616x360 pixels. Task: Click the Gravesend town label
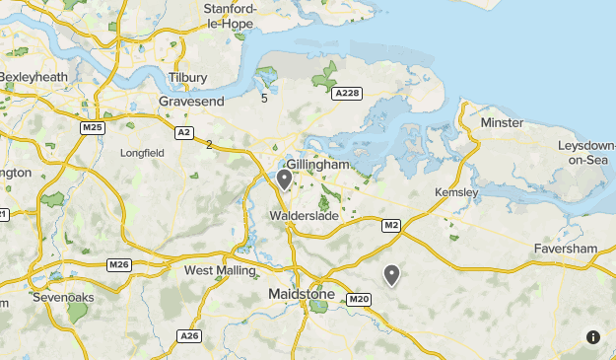[191, 101]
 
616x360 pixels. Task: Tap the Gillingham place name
[317, 165]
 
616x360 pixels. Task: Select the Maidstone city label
[302, 294]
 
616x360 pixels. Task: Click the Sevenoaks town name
[64, 296]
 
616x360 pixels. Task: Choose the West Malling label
[220, 270]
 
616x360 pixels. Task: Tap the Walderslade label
[305, 215]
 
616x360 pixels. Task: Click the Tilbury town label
[187, 77]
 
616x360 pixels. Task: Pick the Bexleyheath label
[35, 76]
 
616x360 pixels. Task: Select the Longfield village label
[142, 154]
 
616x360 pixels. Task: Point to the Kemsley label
[456, 191]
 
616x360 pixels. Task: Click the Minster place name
[502, 122]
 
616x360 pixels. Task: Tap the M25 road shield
[93, 128]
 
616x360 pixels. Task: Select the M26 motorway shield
[119, 264]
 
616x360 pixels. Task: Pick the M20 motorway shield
[359, 299]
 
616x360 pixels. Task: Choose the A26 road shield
[190, 336]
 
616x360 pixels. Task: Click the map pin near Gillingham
[284, 179]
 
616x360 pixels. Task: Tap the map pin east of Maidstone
[391, 274]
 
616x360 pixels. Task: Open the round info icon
[592, 336]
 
